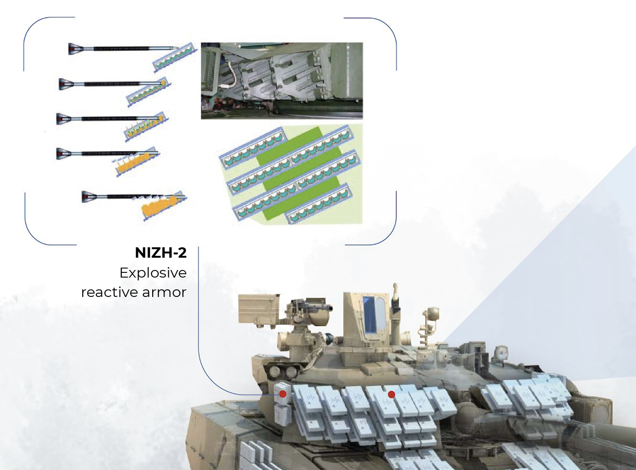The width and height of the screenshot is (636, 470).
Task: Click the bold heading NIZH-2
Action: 161,253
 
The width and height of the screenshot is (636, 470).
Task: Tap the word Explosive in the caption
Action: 153,273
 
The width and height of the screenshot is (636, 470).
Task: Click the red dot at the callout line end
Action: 283,394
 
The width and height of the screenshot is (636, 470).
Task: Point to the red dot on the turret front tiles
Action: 391,394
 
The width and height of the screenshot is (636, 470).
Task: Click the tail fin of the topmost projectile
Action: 76,49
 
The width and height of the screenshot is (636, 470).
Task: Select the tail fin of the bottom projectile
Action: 89,197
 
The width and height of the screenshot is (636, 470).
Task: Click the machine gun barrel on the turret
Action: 325,308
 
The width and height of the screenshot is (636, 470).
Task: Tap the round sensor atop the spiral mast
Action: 433,313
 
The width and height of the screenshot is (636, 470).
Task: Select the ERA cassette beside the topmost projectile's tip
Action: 174,57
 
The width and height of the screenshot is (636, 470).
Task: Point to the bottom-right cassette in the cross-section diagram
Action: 319,203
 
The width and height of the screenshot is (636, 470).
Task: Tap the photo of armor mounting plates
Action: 282,81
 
